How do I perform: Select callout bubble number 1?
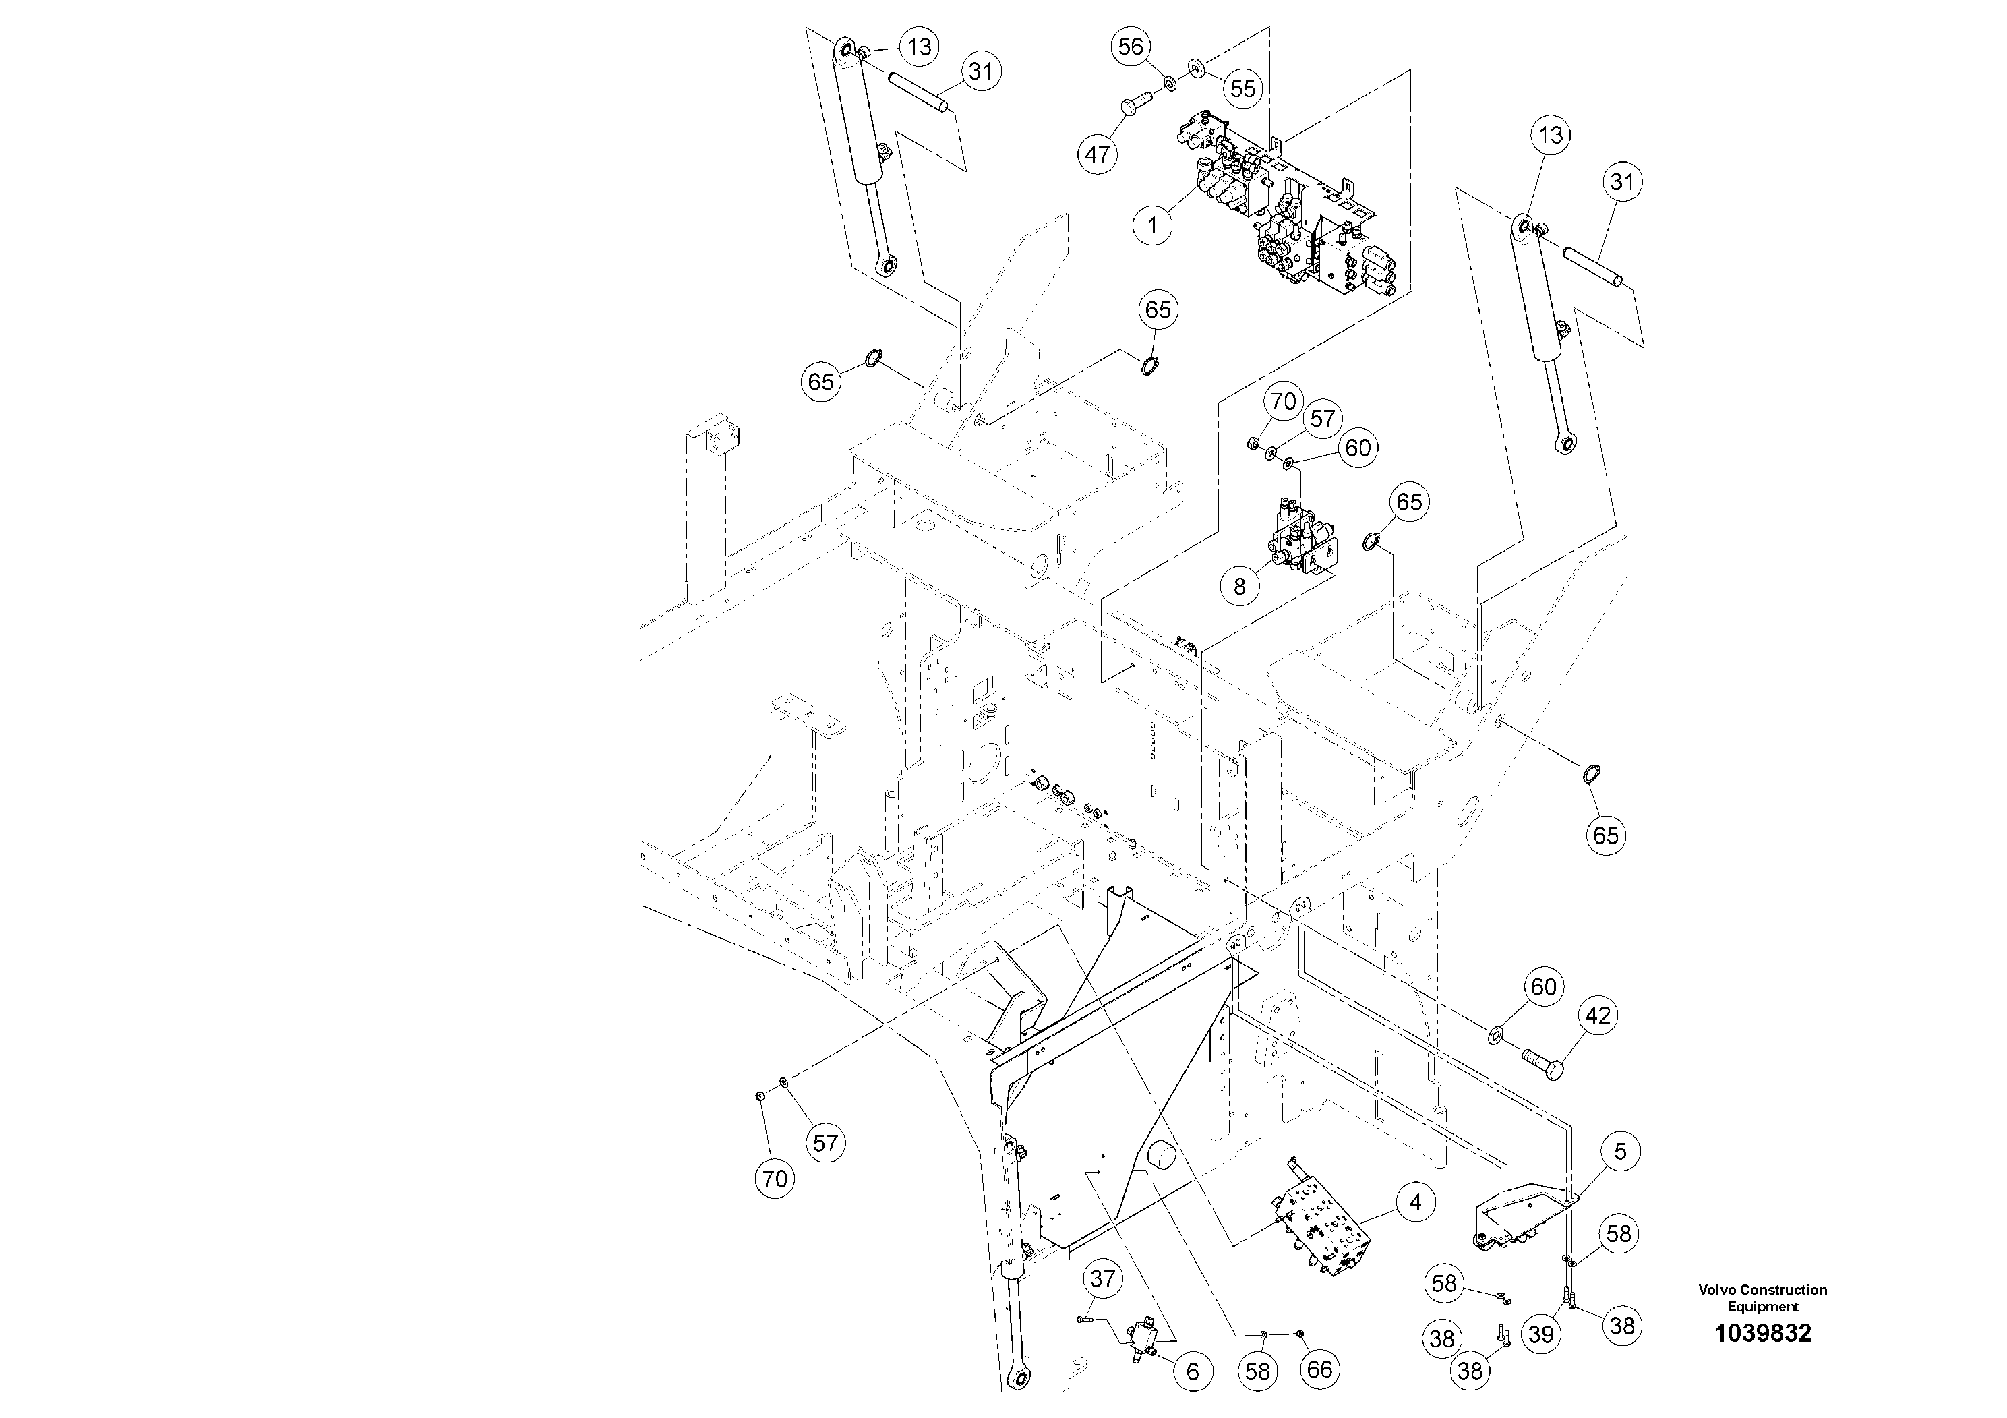[x=1152, y=226]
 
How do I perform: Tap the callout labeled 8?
[x=1240, y=586]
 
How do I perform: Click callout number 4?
[x=1414, y=1203]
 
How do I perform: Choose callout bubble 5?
[x=1620, y=1152]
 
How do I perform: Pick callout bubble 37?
[x=1102, y=1280]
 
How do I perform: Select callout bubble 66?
[x=1319, y=1368]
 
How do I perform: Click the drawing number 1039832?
[x=1762, y=1334]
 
